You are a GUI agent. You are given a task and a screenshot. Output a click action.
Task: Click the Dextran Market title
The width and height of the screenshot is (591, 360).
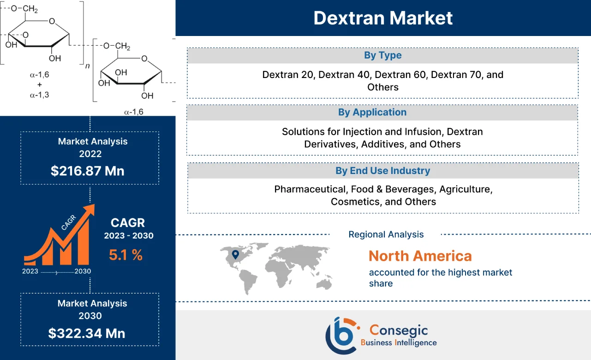(x=383, y=18)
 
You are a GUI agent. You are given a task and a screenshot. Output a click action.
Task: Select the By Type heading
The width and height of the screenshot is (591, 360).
(x=382, y=55)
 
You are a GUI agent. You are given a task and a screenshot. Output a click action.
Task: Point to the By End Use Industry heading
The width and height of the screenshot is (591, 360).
(x=382, y=171)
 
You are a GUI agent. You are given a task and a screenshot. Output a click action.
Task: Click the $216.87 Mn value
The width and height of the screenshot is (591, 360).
(x=88, y=171)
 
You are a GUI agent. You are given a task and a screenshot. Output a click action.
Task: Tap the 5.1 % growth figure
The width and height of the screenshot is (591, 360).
(x=125, y=254)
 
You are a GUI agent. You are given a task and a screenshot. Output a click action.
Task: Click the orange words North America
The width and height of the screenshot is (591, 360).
(x=420, y=256)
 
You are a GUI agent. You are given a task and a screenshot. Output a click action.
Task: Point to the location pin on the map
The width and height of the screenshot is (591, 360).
(x=235, y=254)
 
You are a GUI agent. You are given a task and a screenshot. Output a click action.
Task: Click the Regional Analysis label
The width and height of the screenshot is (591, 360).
(x=386, y=234)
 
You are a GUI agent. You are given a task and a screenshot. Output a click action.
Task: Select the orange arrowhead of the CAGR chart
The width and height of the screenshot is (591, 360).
(x=89, y=210)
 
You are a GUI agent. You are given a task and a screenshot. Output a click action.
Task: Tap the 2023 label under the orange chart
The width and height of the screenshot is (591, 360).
(x=30, y=271)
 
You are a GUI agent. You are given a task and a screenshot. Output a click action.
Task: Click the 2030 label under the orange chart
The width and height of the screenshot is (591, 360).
(x=83, y=271)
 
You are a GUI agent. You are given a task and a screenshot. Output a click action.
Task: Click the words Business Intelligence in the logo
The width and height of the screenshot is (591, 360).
(x=399, y=342)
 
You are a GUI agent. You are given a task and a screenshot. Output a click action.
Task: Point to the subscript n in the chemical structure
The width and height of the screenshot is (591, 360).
(x=88, y=66)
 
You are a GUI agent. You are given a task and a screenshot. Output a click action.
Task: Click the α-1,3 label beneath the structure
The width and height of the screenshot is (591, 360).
(x=39, y=95)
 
